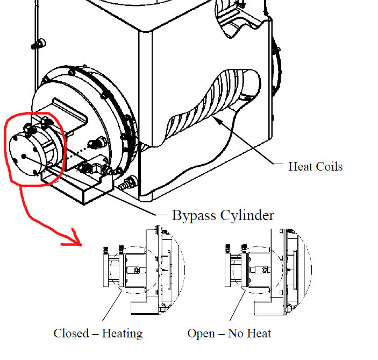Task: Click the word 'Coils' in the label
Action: (329, 166)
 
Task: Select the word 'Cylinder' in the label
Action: (248, 216)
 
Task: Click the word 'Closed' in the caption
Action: (71, 333)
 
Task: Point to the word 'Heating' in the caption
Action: (123, 334)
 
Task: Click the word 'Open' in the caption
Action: (200, 334)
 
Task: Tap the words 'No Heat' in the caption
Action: (249, 334)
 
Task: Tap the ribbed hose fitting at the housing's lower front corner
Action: (126, 184)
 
